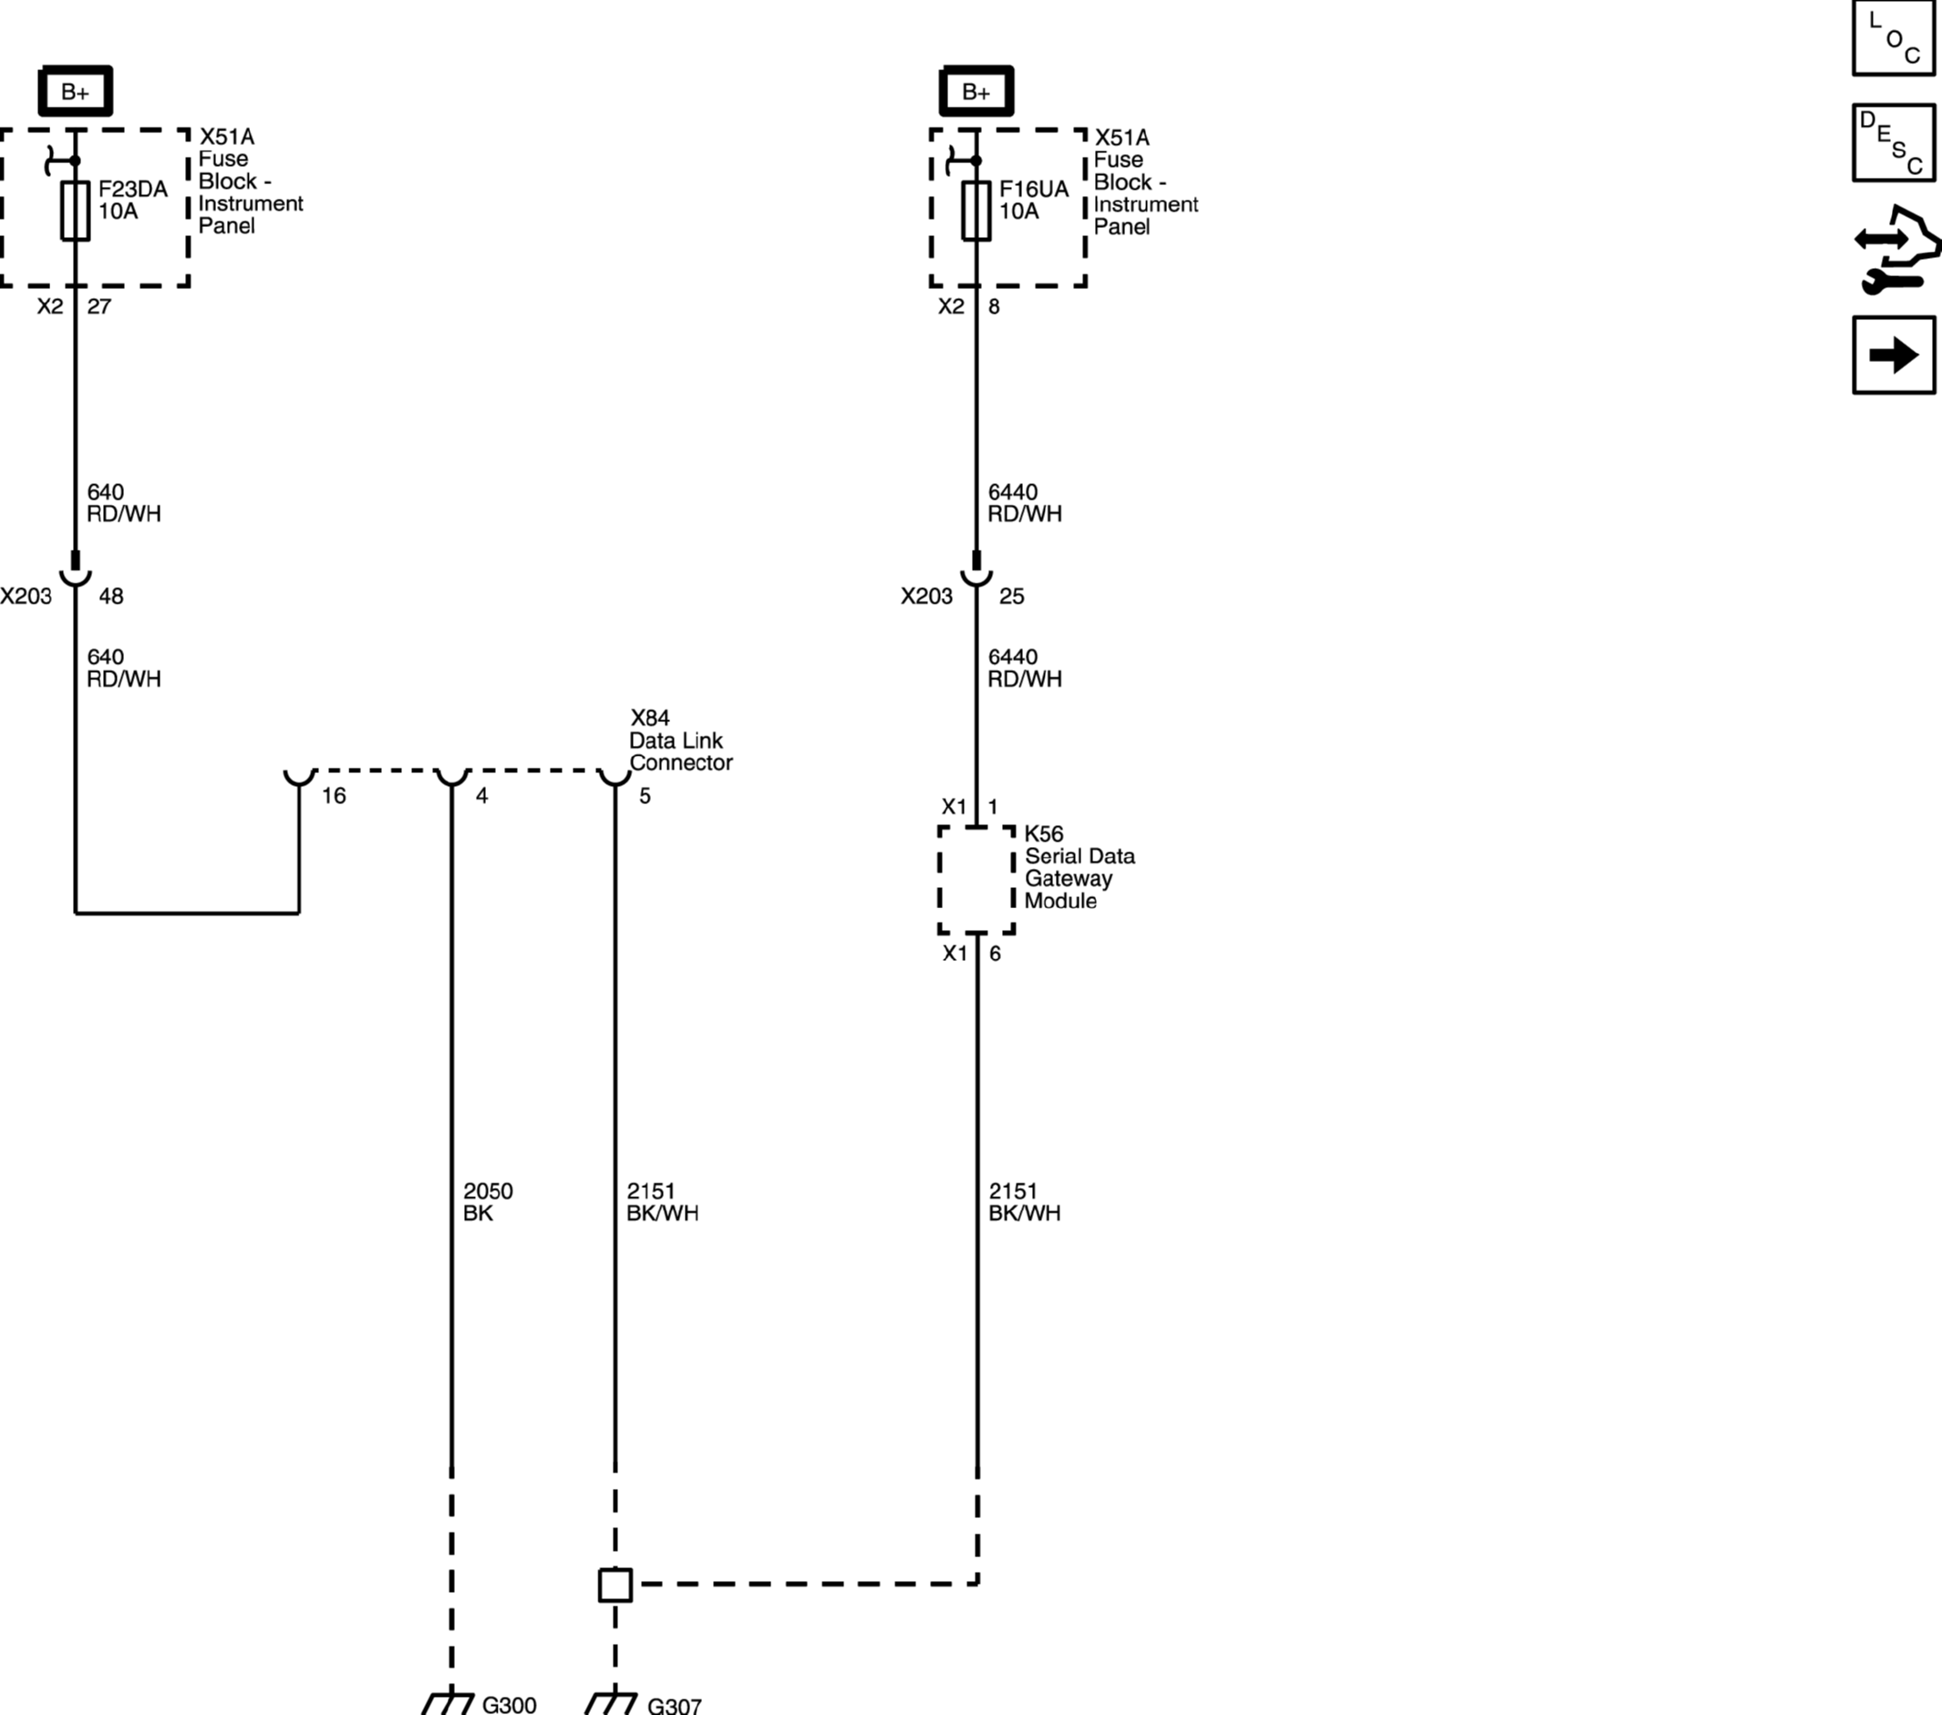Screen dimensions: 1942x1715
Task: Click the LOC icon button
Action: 1894,37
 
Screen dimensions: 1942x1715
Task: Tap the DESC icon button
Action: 1894,142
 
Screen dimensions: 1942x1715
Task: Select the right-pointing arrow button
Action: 1894,356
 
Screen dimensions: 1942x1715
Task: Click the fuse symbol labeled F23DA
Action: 75,210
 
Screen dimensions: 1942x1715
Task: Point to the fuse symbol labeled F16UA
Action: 976,210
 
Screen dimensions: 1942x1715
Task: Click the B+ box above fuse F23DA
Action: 75,92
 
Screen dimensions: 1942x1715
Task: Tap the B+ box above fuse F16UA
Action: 976,92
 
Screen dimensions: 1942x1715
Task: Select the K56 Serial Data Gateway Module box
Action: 976,880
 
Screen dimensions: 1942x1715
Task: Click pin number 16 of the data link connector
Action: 334,796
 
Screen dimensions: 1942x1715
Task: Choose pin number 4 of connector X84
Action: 481,796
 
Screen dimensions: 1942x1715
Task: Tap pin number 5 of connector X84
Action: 646,796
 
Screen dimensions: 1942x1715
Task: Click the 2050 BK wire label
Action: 488,1202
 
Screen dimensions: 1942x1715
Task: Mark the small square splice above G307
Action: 615,1585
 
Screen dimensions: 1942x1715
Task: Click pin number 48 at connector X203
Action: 111,596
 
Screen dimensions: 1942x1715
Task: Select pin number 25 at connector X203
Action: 1012,596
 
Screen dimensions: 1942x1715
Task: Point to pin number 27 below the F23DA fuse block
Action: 98,306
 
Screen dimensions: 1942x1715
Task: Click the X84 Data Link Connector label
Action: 680,740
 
